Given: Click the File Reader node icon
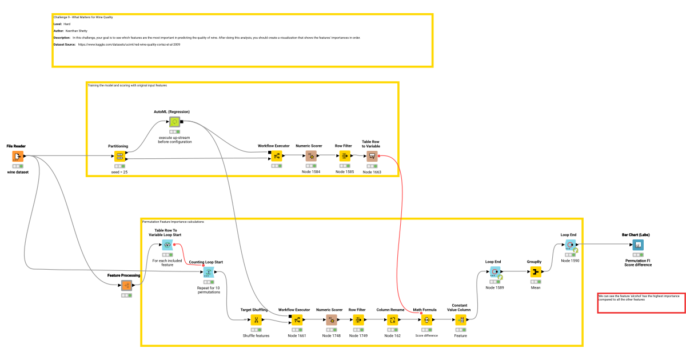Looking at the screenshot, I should pyautogui.click(x=18, y=157).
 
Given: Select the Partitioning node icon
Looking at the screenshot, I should pyautogui.click(x=119, y=155).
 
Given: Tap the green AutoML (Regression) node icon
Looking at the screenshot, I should pyautogui.click(x=174, y=121).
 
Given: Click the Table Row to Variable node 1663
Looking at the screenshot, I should pyautogui.click(x=372, y=155).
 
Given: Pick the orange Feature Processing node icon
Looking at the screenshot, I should pyautogui.click(x=126, y=285).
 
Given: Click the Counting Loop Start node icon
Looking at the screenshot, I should pyautogui.click(x=209, y=272).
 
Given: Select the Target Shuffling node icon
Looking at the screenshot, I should pyautogui.click(x=256, y=319).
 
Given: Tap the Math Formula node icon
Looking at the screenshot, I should pyautogui.click(x=426, y=319).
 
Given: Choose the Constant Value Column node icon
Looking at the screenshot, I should pyautogui.click(x=461, y=319).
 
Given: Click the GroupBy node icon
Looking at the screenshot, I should pyautogui.click(x=535, y=271).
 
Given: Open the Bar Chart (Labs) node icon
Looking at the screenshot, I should pyautogui.click(x=637, y=245).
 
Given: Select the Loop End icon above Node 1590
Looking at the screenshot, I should pyautogui.click(x=569, y=245).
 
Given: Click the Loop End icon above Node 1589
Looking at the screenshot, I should pyautogui.click(x=494, y=271).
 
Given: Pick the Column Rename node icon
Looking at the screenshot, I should pyautogui.click(x=392, y=319).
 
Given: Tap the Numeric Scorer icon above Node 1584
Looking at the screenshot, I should pyautogui.click(x=312, y=155).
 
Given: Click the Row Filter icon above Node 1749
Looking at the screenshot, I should pyautogui.click(x=358, y=319).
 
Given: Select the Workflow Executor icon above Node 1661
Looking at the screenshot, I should pyautogui.click(x=297, y=319).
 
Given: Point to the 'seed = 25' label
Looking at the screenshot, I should pyautogui.click(x=119, y=171).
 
